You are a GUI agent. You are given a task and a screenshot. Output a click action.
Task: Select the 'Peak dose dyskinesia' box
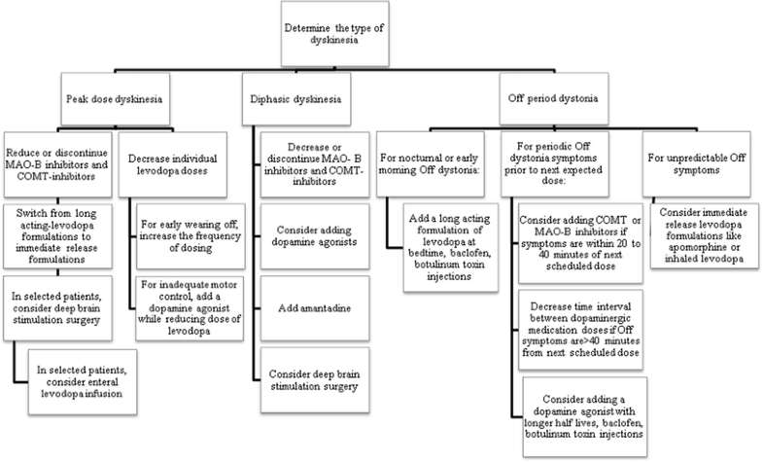coord(115,100)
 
